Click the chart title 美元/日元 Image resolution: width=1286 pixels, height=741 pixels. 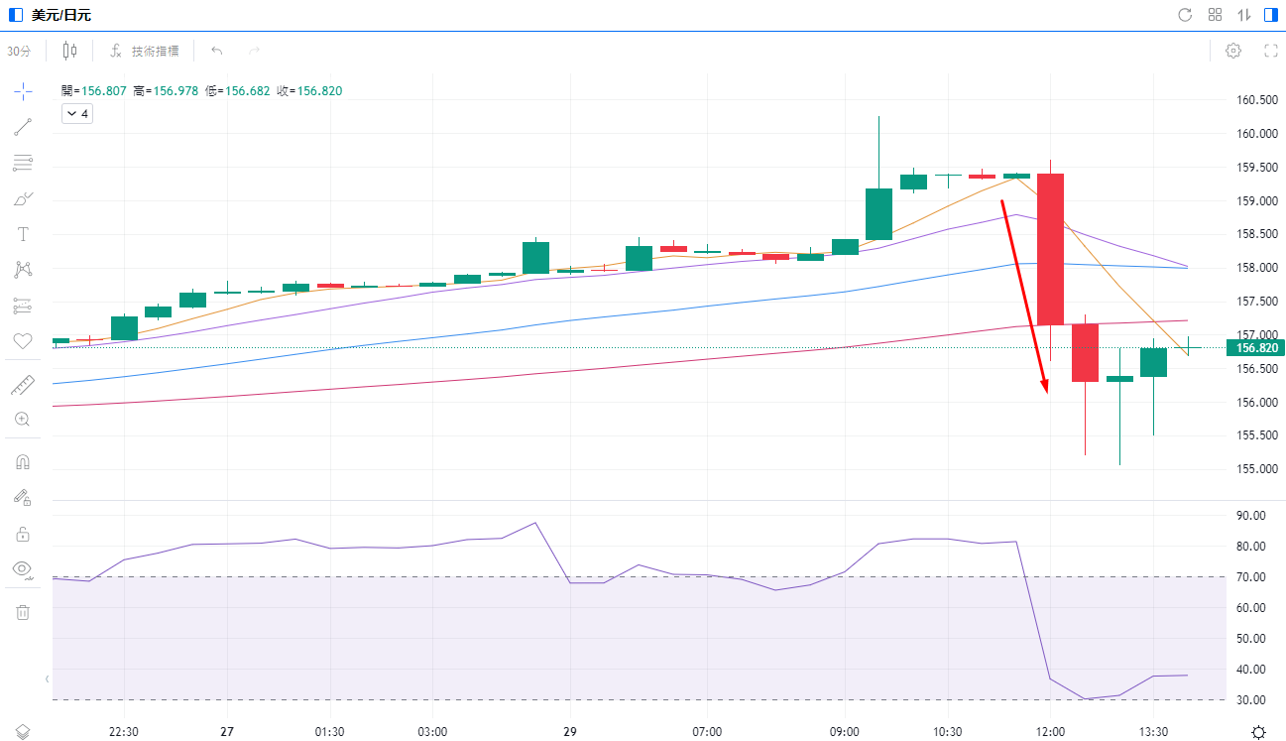click(x=61, y=15)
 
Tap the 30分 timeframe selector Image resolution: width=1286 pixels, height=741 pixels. click(x=19, y=51)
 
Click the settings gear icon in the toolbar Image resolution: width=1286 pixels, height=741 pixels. click(x=1233, y=51)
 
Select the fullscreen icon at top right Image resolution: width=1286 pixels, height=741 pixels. click(x=1270, y=51)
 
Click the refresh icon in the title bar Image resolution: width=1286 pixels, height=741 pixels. click(x=1185, y=15)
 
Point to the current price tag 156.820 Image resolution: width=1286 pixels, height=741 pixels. click(x=1253, y=347)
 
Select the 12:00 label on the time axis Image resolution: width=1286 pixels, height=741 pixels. click(x=1050, y=731)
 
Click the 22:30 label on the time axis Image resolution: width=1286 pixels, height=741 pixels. click(x=123, y=731)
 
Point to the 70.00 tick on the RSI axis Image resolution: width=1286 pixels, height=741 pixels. click(x=1251, y=577)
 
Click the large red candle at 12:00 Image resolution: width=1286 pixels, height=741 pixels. click(x=1050, y=248)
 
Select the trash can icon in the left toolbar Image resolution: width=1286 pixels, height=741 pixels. click(x=23, y=612)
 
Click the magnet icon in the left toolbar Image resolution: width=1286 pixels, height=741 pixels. click(x=23, y=461)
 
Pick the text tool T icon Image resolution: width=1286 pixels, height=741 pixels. click(x=23, y=234)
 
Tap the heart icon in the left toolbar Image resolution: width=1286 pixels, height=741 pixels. click(x=23, y=341)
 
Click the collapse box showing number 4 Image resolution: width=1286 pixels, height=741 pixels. click(x=77, y=114)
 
